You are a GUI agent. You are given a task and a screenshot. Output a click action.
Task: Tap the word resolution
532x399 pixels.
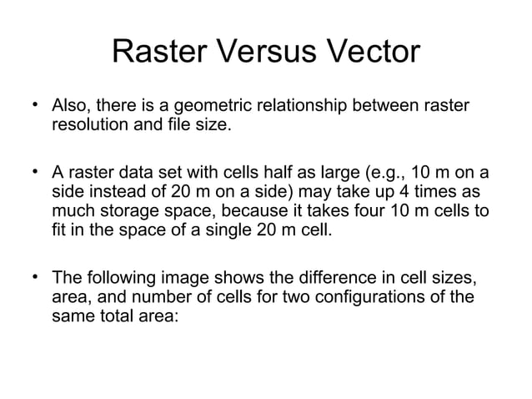(90, 128)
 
